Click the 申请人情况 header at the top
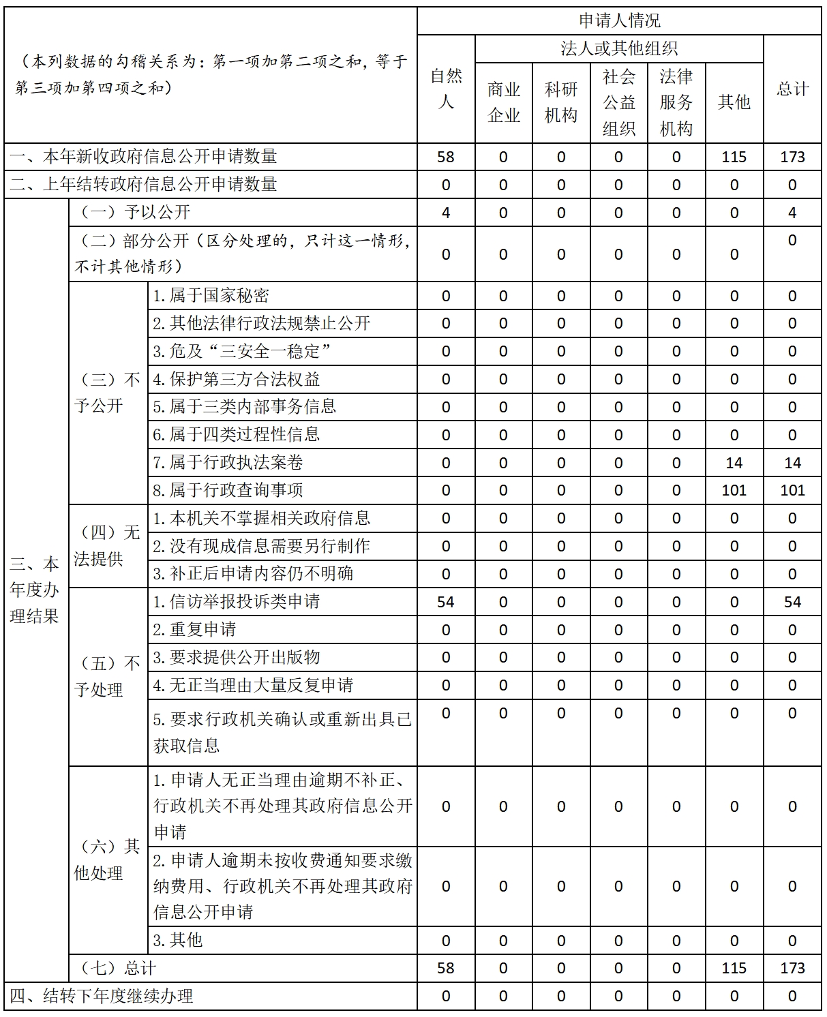pos(619,21)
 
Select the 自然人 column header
pos(446,89)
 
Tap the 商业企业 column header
pos(504,102)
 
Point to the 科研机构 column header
pos(561,102)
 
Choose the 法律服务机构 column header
pos(676,102)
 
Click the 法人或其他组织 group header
pos(619,48)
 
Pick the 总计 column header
pos(792,89)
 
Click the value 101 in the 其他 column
pos(734,490)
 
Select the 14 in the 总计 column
pos(792,463)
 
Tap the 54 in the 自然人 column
pos(446,602)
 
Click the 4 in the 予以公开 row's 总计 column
pos(792,213)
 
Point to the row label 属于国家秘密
pos(211,296)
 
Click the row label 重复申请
pos(194,629)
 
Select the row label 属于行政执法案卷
pos(228,463)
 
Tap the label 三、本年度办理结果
pos(35,590)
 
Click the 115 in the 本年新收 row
pos(734,157)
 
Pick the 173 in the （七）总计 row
pos(792,968)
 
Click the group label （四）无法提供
pos(107,546)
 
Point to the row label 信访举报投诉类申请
pos(236,602)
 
